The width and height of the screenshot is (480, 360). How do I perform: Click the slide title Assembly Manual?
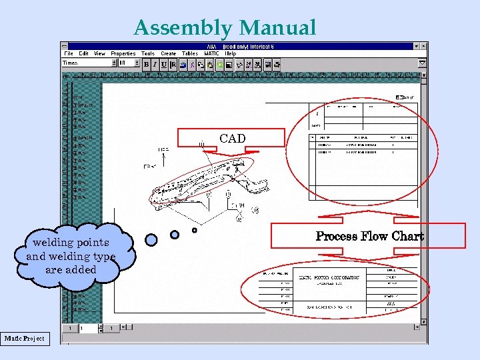[x=225, y=28]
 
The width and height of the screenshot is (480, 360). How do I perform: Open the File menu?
[x=69, y=53]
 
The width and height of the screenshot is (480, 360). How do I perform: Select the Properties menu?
[x=123, y=53]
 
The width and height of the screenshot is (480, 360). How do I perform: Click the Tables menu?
[x=190, y=53]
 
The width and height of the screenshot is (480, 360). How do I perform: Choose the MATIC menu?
[x=211, y=53]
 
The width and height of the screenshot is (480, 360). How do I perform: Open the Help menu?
[x=231, y=53]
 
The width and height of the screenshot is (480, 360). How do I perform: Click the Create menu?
[x=169, y=53]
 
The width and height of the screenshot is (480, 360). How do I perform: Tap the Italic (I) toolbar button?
[x=155, y=64]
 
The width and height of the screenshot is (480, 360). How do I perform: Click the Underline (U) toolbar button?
[x=163, y=64]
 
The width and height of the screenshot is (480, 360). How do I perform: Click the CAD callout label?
[x=232, y=139]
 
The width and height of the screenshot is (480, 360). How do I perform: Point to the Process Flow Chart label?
[x=369, y=236]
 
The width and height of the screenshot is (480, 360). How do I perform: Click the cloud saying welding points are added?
[x=71, y=256]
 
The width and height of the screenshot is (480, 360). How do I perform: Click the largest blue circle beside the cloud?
[x=151, y=239]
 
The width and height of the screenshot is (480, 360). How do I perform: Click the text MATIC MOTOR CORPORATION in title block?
[x=329, y=277]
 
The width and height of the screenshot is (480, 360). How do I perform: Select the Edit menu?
[x=84, y=53]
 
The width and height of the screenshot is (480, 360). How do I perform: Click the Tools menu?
[x=148, y=53]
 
